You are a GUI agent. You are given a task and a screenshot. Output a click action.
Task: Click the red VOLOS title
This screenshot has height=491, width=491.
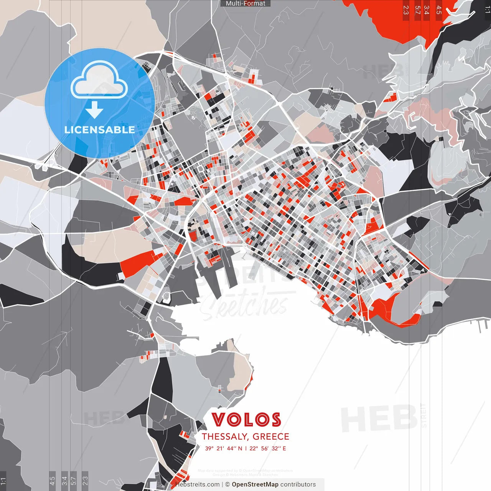(x=246, y=420)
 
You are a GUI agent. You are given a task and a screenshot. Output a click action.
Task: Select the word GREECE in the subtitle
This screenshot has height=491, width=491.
(x=271, y=437)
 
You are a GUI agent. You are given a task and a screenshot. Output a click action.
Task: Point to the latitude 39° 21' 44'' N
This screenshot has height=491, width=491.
(x=224, y=448)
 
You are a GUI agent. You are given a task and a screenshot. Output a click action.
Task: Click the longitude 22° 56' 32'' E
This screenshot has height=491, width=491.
(x=268, y=448)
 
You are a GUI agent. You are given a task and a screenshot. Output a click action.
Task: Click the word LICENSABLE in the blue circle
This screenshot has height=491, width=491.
(x=100, y=130)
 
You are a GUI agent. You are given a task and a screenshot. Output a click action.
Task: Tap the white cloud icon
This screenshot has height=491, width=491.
(x=99, y=79)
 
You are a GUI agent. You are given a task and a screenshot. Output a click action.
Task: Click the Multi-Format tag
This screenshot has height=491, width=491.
(x=245, y=3)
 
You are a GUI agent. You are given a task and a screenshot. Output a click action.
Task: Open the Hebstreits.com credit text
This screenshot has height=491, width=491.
(x=198, y=484)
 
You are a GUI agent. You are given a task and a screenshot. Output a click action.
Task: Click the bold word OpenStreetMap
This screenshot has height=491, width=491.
(x=255, y=484)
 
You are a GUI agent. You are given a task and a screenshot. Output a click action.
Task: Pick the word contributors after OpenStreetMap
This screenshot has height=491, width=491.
(x=298, y=484)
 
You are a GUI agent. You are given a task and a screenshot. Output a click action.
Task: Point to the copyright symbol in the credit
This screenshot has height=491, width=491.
(x=227, y=484)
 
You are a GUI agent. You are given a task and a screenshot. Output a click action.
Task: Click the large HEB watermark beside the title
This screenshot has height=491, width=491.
(x=379, y=418)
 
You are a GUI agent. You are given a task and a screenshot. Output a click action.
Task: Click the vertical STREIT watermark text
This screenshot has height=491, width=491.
(x=423, y=415)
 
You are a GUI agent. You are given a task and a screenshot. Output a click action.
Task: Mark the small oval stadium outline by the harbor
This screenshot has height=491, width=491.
(x=166, y=297)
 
